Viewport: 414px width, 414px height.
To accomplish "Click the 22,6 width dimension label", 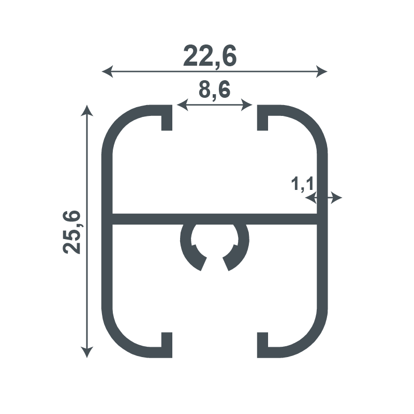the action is point(210,56).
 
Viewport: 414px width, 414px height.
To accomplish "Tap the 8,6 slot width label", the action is point(214,90).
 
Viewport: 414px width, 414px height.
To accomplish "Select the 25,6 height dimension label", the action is point(71,232).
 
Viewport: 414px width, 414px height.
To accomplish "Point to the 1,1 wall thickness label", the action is point(302,184).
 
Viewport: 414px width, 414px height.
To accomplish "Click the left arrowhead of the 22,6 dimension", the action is point(107,71).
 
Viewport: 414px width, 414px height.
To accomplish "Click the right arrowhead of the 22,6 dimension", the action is point(322,71).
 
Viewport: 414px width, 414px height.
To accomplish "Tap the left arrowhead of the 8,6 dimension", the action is point(182,105).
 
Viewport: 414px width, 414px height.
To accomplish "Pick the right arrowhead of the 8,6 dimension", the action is point(247,105).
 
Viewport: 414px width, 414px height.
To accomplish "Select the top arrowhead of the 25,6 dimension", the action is point(87,110).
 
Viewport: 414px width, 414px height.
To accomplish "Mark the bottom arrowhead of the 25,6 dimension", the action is point(87,352).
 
